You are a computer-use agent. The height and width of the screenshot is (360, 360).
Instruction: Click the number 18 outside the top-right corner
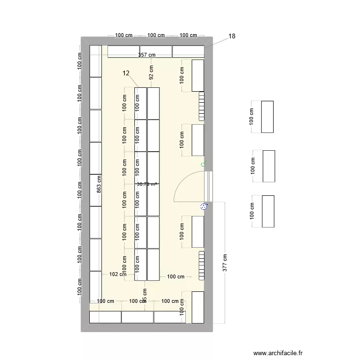232,36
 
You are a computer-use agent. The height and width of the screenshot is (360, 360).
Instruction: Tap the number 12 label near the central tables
126,73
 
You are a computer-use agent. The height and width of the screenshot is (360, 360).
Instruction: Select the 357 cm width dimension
147,55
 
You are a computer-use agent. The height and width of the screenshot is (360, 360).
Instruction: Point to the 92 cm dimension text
151,72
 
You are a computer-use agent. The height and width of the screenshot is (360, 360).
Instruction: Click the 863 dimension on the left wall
99,185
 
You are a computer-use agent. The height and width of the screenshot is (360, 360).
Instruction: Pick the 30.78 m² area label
147,184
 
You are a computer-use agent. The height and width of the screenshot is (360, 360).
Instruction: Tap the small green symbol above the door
204,165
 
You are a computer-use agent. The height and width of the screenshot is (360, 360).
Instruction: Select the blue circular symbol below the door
204,207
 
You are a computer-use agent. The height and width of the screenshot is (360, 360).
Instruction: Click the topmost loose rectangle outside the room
267,117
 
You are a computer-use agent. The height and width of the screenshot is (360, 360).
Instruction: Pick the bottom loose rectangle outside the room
268,211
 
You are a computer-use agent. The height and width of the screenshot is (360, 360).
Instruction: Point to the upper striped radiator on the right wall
202,106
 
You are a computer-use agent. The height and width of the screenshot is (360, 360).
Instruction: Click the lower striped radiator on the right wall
202,264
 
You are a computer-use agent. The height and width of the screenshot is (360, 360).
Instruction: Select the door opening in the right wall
208,186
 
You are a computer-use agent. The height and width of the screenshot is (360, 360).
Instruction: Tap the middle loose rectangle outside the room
269,166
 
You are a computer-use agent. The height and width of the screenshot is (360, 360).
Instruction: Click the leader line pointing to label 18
218,42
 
